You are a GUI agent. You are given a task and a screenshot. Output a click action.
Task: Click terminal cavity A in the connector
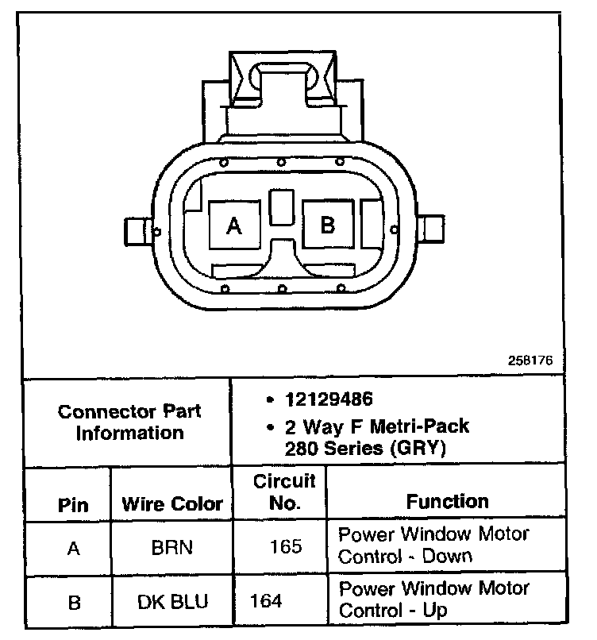point(234,226)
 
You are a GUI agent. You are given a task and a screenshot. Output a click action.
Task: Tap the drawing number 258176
point(530,359)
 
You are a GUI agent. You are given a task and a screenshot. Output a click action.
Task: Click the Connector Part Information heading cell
point(129,422)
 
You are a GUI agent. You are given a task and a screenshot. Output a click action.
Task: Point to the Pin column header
point(73,505)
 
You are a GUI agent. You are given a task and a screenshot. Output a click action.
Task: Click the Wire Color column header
point(172,504)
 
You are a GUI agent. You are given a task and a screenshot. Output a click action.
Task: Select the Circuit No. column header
point(283,492)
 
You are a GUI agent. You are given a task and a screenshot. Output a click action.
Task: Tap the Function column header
point(448,501)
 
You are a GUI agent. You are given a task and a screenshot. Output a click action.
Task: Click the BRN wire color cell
point(172,548)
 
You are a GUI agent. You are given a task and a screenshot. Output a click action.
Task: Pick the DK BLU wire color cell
point(172,602)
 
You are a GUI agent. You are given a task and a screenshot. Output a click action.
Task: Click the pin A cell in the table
point(73,548)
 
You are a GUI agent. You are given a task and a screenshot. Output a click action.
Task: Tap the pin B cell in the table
point(73,603)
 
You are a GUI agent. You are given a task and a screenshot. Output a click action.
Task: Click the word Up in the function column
point(436,611)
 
